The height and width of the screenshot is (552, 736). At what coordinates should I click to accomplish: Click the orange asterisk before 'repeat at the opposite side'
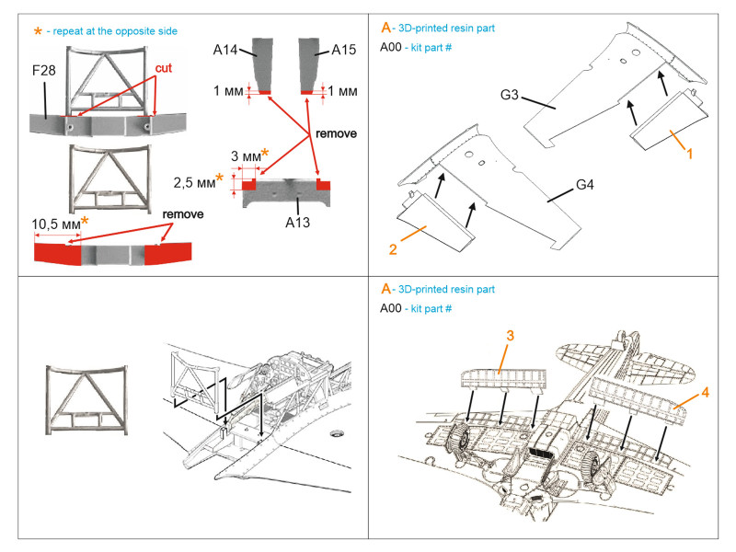click(x=38, y=30)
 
